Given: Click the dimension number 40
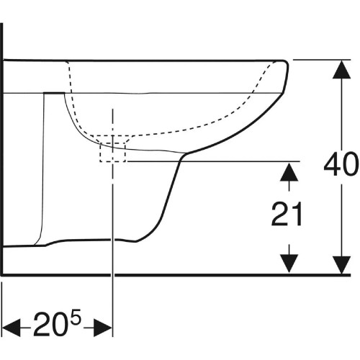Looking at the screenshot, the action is pyautogui.click(x=341, y=163).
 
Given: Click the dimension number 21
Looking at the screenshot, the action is pyautogui.click(x=287, y=214).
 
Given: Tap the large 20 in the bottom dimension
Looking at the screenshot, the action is pyautogui.click(x=50, y=323).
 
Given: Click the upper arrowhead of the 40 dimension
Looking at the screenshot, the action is pyautogui.click(x=341, y=69).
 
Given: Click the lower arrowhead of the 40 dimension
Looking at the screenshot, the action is pyautogui.click(x=341, y=265).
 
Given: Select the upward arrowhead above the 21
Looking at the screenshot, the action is pyautogui.click(x=289, y=172).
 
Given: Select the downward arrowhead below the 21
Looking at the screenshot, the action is pyautogui.click(x=289, y=264).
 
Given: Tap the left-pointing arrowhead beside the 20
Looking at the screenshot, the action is pyautogui.click(x=12, y=328).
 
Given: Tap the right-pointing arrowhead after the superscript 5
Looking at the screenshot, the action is pyautogui.click(x=103, y=328).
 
